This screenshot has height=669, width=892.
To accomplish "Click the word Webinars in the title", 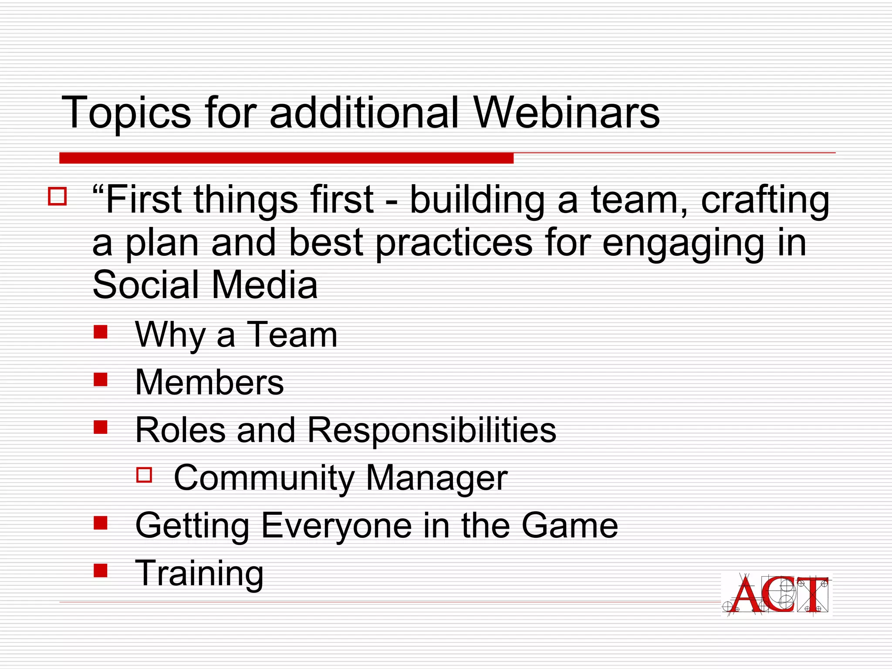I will (x=566, y=113).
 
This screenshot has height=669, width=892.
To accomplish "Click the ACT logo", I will (x=776, y=595).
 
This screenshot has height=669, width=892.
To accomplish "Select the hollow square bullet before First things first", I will (x=57, y=196).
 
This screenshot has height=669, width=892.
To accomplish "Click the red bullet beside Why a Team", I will (x=101, y=332).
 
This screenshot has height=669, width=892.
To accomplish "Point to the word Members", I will (x=209, y=382).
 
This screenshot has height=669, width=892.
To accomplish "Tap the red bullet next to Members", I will (x=101, y=379).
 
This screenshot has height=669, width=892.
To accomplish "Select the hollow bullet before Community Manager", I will (x=144, y=475).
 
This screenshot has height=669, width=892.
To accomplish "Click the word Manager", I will (x=436, y=478).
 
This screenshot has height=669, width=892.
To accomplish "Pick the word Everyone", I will (x=336, y=526).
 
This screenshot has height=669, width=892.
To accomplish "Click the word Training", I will (x=199, y=574).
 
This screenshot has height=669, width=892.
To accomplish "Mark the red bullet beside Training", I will (x=101, y=570).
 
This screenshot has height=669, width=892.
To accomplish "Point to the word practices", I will (x=454, y=243).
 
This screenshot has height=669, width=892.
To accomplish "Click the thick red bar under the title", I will (x=286, y=158).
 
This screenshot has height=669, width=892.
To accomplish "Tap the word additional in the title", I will (x=364, y=113).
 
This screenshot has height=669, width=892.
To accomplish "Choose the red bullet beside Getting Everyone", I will (x=101, y=522).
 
